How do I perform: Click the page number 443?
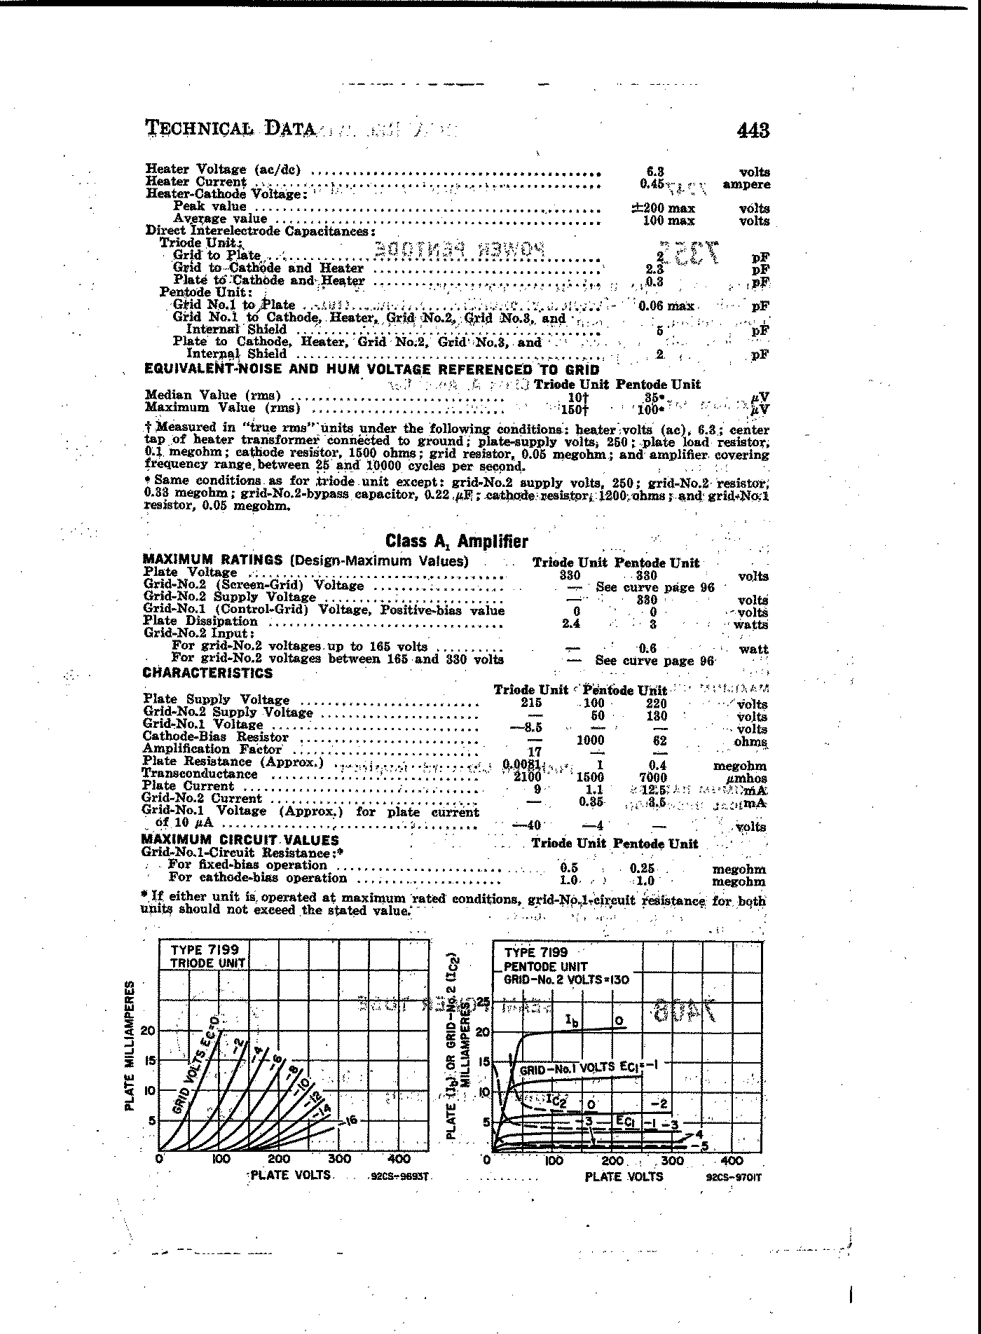753,130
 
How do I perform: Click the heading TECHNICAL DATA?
230,129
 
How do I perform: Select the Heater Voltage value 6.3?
655,171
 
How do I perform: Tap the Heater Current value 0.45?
652,184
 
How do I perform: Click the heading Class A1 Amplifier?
456,541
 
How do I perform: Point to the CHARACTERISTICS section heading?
207,673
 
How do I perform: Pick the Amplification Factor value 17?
535,752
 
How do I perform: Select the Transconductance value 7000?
653,778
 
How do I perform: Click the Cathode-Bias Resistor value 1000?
590,740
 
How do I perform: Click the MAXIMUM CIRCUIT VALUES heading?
240,839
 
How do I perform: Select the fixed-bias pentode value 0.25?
642,868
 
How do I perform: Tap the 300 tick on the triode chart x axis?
340,1159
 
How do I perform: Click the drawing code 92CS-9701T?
734,1178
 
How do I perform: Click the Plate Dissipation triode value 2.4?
572,623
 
